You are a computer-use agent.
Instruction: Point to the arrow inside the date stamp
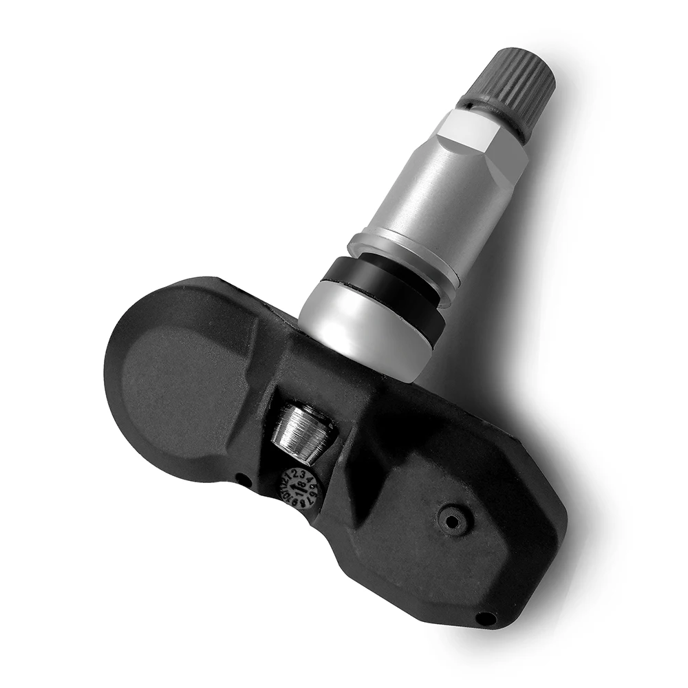pos(297,486)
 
